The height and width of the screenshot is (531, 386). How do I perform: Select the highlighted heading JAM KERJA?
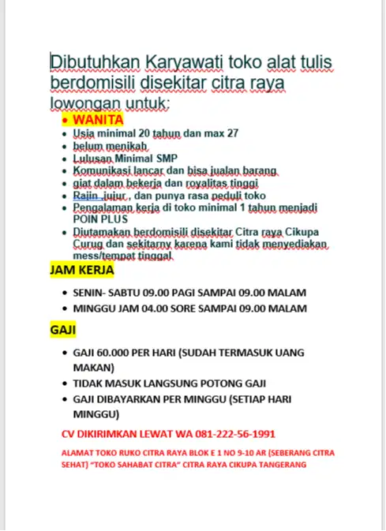click(x=82, y=270)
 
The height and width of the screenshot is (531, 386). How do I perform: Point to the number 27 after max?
click(x=231, y=133)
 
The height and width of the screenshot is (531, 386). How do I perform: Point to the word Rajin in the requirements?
click(x=85, y=195)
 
